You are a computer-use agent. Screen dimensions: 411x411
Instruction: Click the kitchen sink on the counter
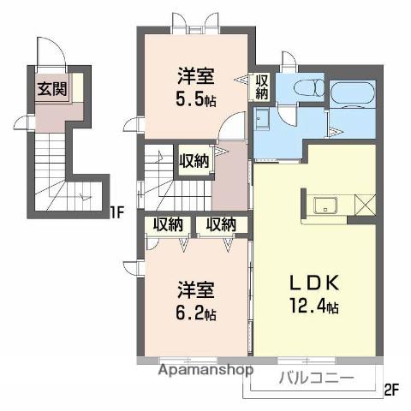[326, 205]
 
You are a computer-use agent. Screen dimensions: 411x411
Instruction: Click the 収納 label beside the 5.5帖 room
[262, 87]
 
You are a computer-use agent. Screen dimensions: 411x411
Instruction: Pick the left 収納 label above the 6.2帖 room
[168, 224]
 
